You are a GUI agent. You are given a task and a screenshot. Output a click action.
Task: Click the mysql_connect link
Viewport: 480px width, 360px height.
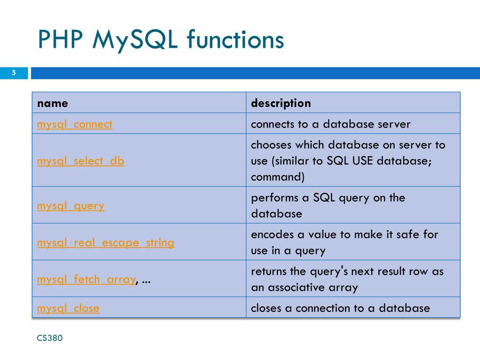pos(75,124)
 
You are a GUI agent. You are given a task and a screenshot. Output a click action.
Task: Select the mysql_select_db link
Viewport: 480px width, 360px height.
pos(81,161)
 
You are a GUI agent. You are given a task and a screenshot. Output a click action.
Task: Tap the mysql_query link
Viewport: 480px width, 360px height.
pos(71,205)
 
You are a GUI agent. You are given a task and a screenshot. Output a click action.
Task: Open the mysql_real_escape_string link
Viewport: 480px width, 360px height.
pos(105,242)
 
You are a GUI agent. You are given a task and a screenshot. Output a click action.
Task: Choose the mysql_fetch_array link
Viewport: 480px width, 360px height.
pos(86,279)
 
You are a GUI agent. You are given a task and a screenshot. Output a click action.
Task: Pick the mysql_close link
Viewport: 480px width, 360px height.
pos(68,308)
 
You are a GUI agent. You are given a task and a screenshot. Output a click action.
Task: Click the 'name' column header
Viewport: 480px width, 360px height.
pos(52,103)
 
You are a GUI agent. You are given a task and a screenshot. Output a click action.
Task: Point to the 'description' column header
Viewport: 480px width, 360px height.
pos(281,103)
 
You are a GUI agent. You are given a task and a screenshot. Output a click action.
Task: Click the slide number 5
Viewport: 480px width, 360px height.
pos(14,73)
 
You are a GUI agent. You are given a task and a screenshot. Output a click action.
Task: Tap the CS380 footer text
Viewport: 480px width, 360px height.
pos(50,337)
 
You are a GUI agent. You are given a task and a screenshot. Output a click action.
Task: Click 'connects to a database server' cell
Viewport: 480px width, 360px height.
pos(330,124)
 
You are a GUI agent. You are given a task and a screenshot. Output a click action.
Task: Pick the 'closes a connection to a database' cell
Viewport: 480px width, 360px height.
pos(340,308)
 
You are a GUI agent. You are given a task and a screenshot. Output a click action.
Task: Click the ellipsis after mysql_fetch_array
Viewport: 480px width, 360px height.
pos(146,280)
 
